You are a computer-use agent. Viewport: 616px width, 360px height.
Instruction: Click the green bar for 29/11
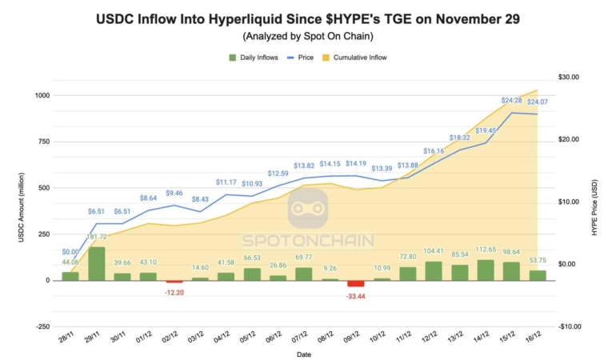coord(96,264)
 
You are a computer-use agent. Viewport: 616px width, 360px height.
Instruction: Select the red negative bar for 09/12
coord(356,284)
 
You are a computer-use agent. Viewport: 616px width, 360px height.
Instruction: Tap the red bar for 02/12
coord(174,282)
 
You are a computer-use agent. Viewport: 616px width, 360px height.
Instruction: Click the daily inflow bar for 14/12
coord(486,270)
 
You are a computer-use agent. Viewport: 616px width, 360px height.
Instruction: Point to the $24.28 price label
coord(512,100)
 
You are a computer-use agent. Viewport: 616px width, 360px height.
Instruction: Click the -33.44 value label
coord(356,295)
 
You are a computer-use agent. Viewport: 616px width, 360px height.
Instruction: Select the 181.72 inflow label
coord(98,238)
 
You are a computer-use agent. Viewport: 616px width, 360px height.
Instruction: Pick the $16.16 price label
coord(434,150)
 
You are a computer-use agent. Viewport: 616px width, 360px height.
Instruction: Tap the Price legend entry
coord(301,57)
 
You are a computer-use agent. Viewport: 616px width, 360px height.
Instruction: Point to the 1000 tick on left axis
coord(42,95)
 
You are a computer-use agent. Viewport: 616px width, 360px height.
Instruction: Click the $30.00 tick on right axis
coord(569,77)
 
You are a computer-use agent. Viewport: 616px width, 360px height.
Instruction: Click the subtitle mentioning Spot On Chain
coord(307,36)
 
